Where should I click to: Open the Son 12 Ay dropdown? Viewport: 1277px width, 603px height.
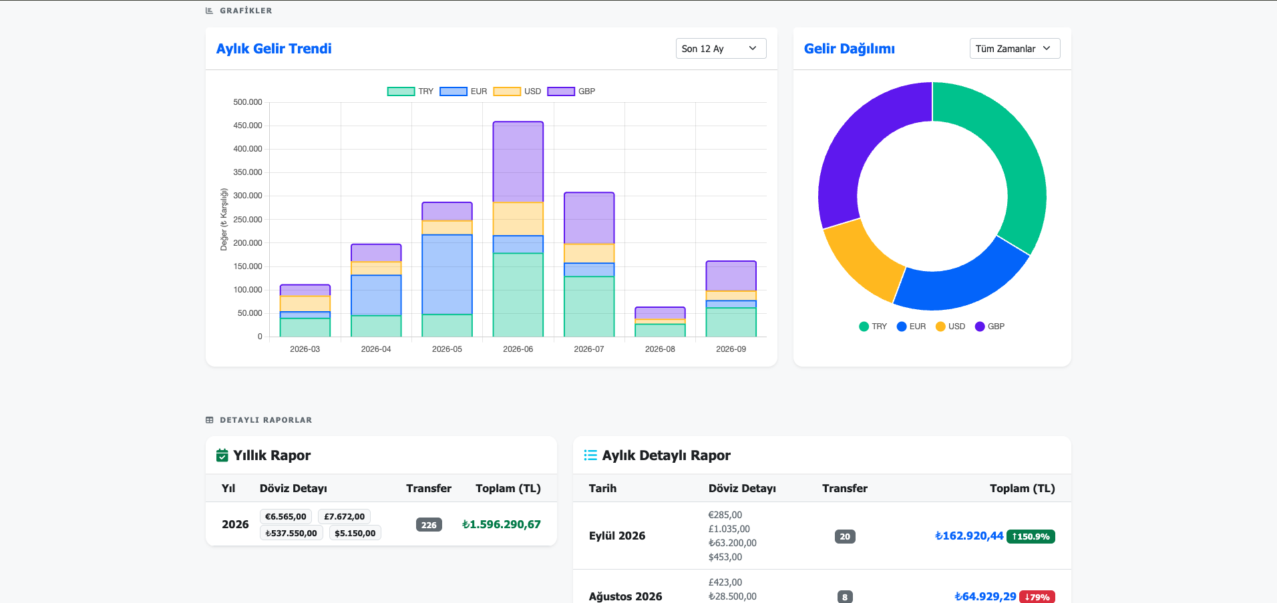pyautogui.click(x=721, y=49)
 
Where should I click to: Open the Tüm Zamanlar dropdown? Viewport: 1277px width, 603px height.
pyautogui.click(x=1015, y=49)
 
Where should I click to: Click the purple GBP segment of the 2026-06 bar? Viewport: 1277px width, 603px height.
pyautogui.click(x=518, y=162)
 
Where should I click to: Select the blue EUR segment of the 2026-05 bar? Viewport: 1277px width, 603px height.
pyautogui.click(x=447, y=274)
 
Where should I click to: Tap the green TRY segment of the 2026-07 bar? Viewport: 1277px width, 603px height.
pyautogui.click(x=589, y=307)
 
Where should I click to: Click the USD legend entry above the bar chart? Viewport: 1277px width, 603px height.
pyautogui.click(x=518, y=91)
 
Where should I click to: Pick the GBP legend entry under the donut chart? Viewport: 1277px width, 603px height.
pyautogui.click(x=990, y=327)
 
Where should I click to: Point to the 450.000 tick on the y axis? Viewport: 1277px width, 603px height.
pyautogui.click(x=248, y=126)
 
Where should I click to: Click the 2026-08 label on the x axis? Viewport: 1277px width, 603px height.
pyautogui.click(x=660, y=349)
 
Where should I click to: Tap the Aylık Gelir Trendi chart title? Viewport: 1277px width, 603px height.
pyautogui.click(x=274, y=49)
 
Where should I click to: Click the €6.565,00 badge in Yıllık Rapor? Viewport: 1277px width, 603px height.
pyautogui.click(x=286, y=517)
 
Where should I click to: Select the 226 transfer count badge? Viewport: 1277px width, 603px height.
pyautogui.click(x=429, y=525)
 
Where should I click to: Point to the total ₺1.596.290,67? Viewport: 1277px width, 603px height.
pyautogui.click(x=502, y=525)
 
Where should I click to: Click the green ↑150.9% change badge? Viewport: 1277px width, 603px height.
pyautogui.click(x=1031, y=536)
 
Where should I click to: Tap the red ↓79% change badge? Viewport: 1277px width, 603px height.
pyautogui.click(x=1037, y=597)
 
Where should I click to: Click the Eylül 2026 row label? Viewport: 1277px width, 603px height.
pyautogui.click(x=617, y=536)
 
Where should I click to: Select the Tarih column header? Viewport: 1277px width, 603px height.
pyautogui.click(x=602, y=488)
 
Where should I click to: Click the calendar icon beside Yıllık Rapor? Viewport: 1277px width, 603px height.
pyautogui.click(x=222, y=455)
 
